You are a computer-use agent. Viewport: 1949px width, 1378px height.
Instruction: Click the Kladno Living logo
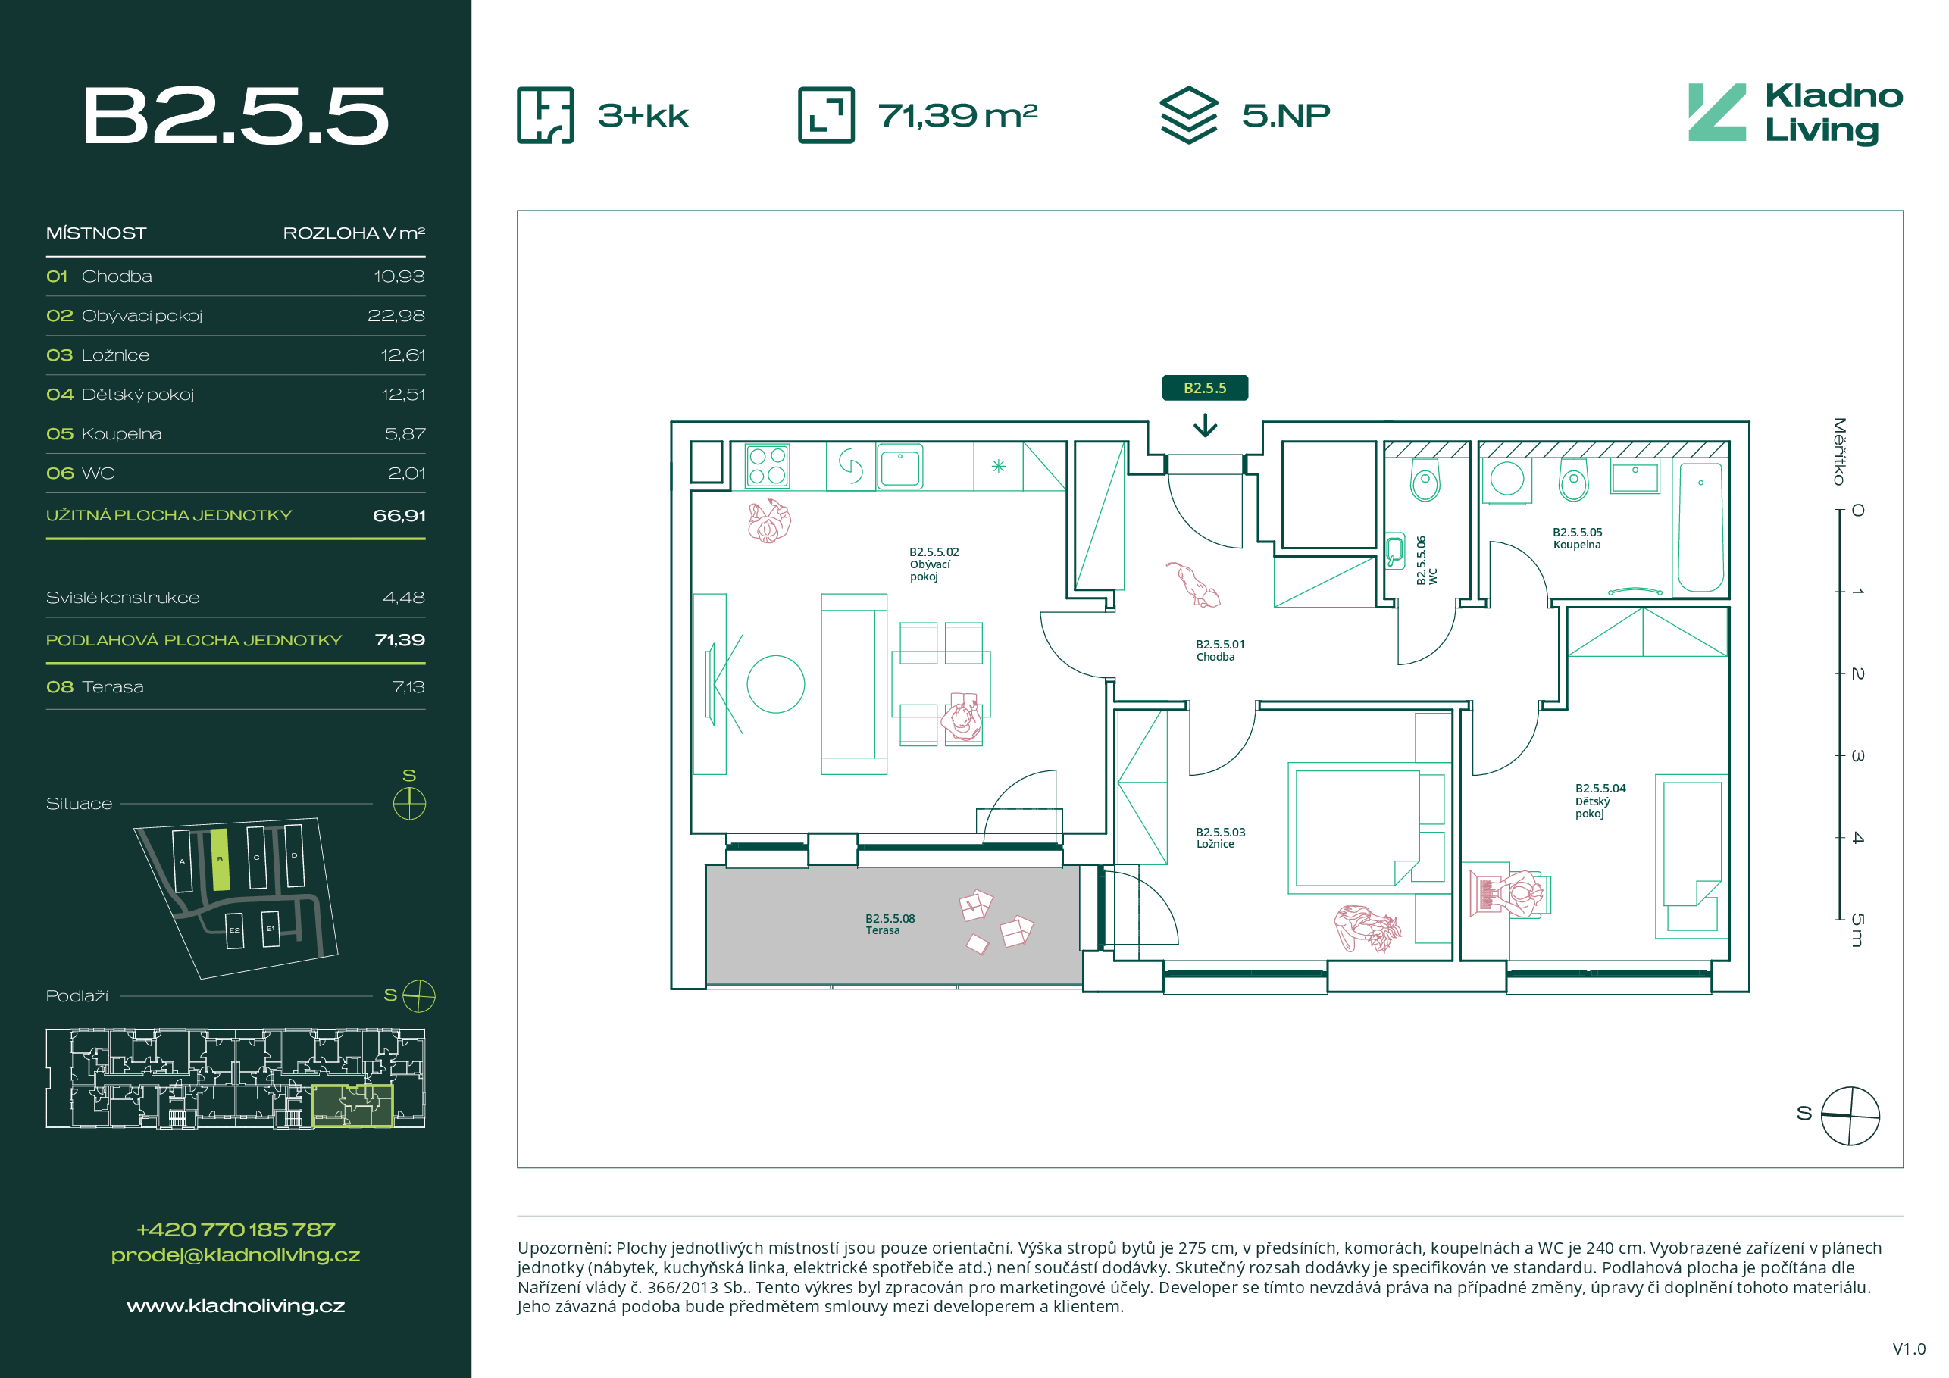click(1794, 114)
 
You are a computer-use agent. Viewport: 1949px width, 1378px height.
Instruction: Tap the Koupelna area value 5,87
click(405, 433)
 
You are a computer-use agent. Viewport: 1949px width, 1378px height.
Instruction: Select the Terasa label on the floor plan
click(890, 924)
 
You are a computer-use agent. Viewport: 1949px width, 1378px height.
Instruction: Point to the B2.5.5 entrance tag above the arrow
click(1205, 388)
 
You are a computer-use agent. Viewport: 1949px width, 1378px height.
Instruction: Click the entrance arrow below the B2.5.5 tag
click(1205, 424)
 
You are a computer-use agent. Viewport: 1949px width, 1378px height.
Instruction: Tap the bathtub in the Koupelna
click(1700, 527)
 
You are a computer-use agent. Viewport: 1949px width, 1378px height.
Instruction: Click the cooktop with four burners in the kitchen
click(767, 466)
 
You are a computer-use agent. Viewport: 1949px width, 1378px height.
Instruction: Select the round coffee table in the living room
click(775, 684)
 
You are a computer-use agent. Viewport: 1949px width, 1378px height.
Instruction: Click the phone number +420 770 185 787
click(235, 1230)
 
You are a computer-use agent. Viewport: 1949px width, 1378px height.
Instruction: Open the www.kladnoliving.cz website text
click(235, 1306)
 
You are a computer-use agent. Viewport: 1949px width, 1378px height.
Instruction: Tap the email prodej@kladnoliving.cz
click(235, 1255)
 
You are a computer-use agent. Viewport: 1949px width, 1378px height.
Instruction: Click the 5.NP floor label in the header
click(1285, 114)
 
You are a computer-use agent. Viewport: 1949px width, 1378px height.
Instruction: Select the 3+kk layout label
click(643, 115)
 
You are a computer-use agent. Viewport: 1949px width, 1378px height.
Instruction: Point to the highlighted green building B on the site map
click(220, 859)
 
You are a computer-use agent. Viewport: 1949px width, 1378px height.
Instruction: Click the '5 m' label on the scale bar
click(1857, 930)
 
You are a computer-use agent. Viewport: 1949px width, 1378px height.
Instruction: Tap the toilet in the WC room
click(1425, 480)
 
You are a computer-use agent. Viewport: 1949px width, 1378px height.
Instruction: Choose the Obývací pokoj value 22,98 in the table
click(396, 316)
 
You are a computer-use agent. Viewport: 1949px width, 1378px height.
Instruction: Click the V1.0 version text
click(1909, 1349)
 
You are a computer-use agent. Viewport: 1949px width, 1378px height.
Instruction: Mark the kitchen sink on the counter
click(899, 467)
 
